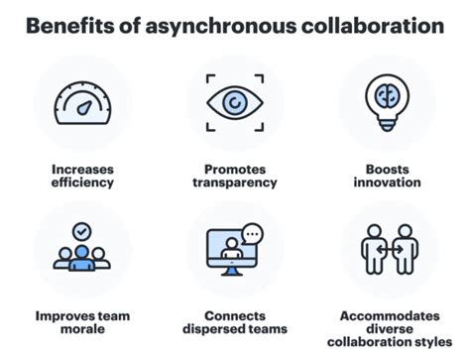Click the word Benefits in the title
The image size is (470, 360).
tap(67, 26)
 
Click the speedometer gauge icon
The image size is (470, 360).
tap(82, 103)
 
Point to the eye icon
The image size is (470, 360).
tap(235, 102)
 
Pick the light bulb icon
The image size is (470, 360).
tap(388, 102)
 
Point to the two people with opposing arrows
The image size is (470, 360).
tap(388, 251)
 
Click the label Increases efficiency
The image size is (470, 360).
tap(83, 176)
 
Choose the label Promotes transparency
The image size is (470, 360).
tap(235, 176)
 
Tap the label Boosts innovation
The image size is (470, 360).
tap(388, 176)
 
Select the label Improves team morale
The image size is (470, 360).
tap(83, 322)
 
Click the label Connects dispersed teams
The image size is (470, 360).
tap(235, 322)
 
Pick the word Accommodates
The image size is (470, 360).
tap(388, 315)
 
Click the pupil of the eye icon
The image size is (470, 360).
tap(235, 102)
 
